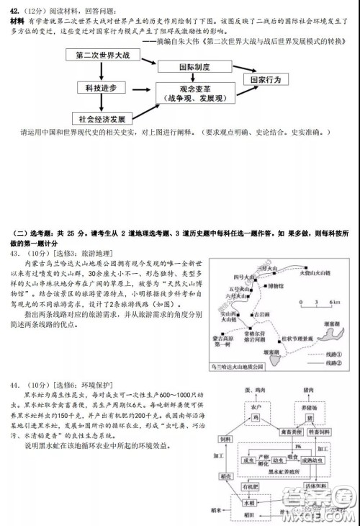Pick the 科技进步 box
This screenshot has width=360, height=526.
(102, 88)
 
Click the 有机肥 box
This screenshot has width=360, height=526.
(253, 486)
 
